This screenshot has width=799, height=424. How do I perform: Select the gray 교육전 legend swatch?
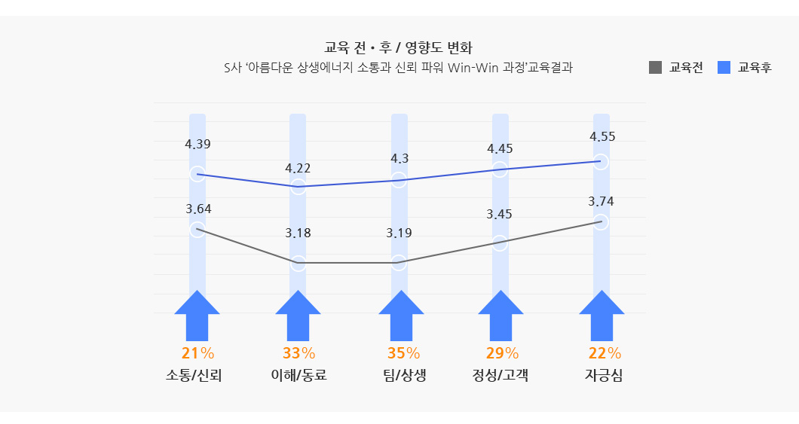coord(655,68)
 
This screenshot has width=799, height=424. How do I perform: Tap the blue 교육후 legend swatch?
coord(724,68)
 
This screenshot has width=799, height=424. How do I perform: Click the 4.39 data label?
coord(197,144)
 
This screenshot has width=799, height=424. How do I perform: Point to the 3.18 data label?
coord(298,233)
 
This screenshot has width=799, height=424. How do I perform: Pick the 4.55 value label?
coord(602,136)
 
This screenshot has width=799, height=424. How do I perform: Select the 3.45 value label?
coord(499,214)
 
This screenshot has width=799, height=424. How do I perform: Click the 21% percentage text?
coord(197,352)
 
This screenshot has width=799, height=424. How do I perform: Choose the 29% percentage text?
coord(501,352)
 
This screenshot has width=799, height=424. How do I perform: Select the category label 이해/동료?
coord(298,375)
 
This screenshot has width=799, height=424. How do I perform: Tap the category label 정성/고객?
coord(500,375)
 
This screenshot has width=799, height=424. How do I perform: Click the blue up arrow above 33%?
coord(298,316)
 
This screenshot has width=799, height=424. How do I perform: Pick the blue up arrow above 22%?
coord(602,316)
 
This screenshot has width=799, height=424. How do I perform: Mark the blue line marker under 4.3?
coord(399,180)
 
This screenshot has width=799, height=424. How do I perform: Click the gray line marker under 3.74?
coord(602,222)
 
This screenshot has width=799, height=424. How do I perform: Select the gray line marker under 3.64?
coord(197,230)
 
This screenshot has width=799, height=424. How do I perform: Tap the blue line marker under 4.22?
coord(298,187)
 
